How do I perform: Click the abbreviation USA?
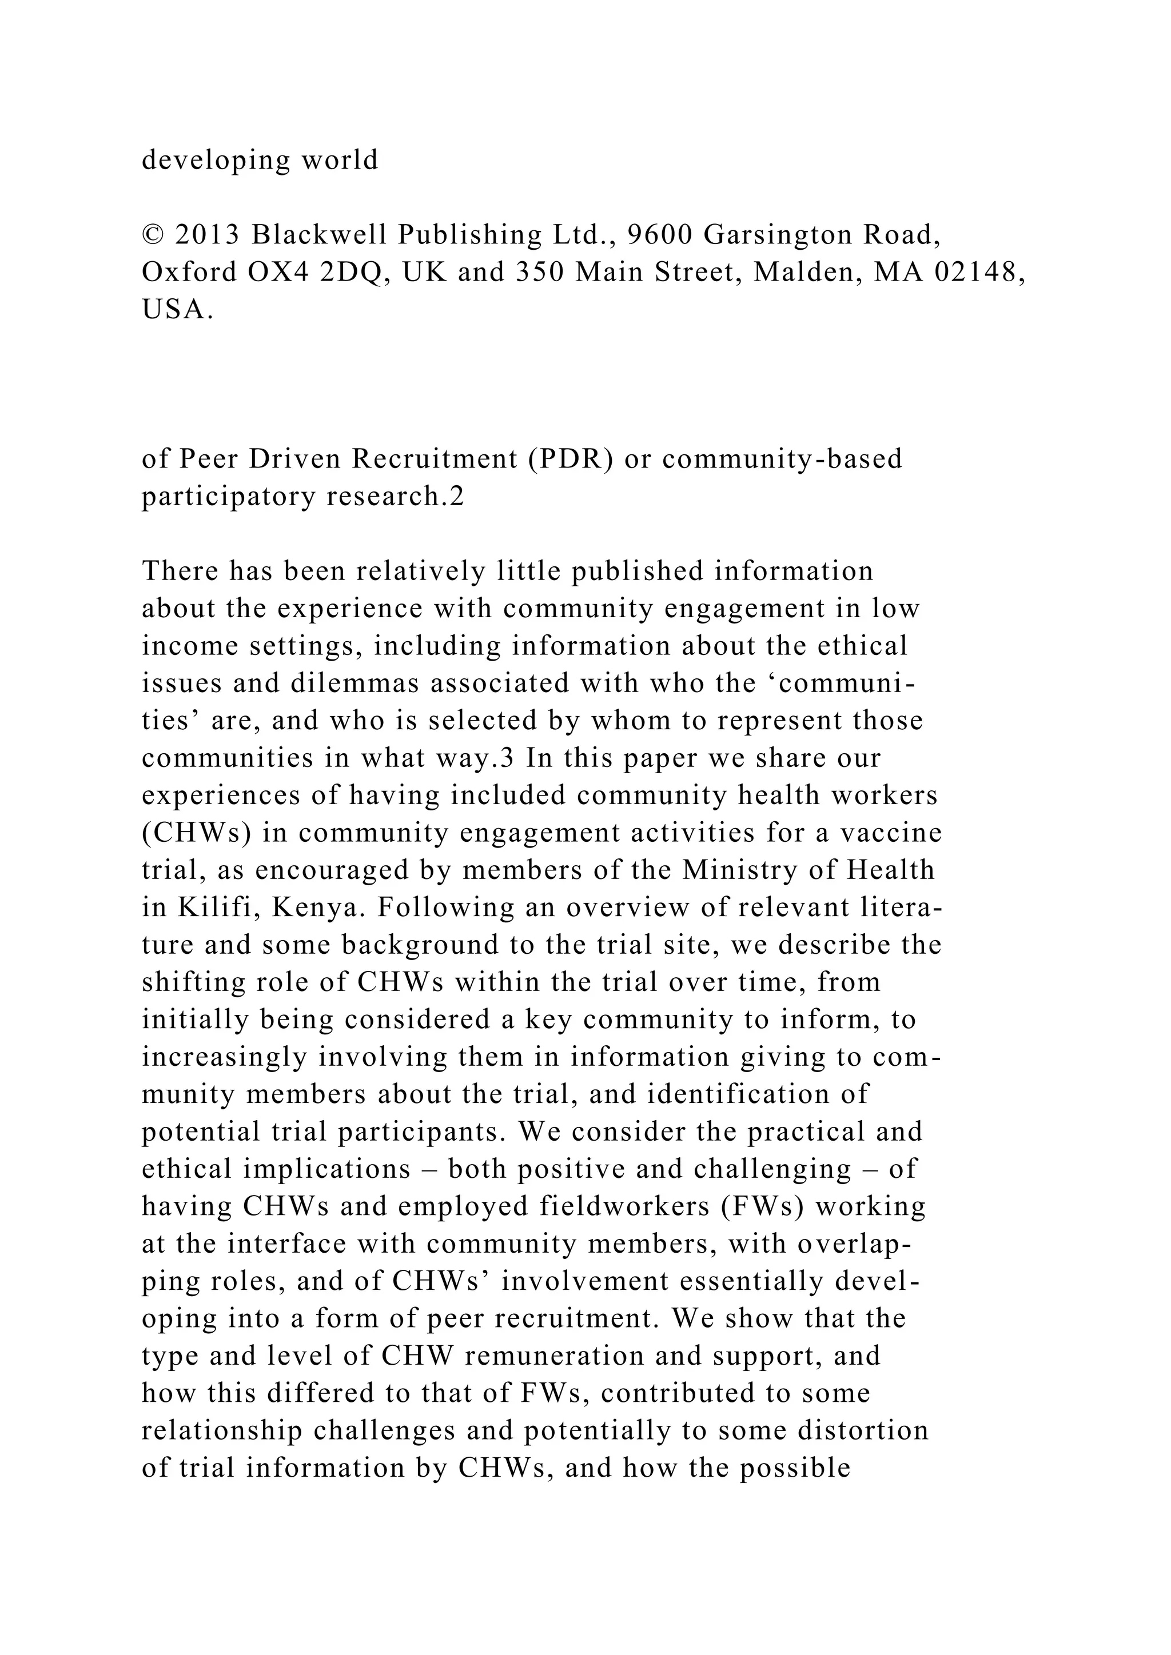point(177,310)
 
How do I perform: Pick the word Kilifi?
point(215,908)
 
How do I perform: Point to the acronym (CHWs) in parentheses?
point(197,833)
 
